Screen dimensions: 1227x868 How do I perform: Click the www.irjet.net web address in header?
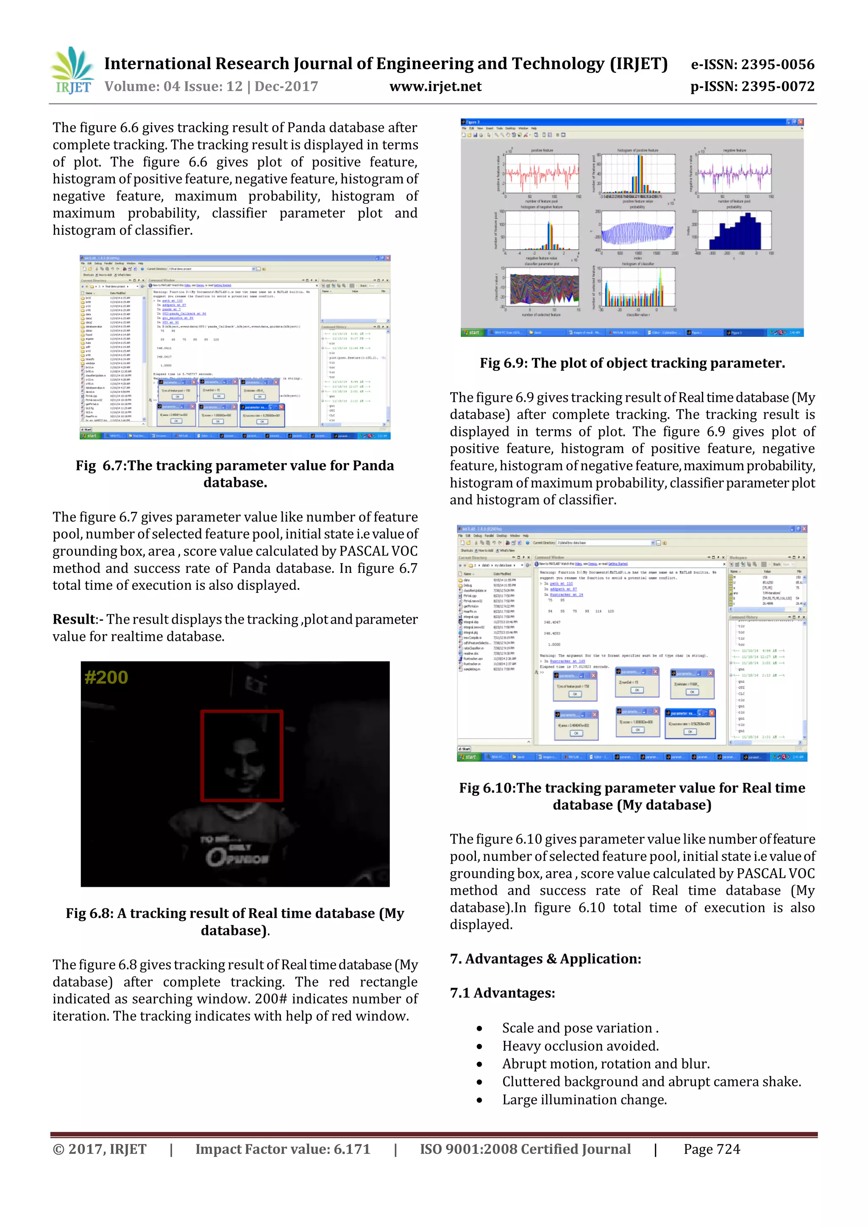click(435, 86)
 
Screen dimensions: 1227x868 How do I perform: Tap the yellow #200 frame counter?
click(106, 677)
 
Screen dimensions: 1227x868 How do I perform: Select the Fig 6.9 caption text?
click(632, 364)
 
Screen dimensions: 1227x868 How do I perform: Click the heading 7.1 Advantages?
click(502, 993)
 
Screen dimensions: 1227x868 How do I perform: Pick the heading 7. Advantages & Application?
click(545, 959)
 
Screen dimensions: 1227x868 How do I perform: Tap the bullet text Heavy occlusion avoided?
click(580, 1046)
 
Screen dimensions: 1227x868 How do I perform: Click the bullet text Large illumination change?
click(584, 1100)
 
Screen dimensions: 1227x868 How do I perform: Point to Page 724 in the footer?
click(712, 1149)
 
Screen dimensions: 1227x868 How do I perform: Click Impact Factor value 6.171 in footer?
click(283, 1149)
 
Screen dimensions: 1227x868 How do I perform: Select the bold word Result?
click(74, 619)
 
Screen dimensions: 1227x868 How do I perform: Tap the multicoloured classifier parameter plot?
click(544, 289)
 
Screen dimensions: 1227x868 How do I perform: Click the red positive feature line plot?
click(542, 174)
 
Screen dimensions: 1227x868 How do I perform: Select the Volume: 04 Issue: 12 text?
click(211, 86)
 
